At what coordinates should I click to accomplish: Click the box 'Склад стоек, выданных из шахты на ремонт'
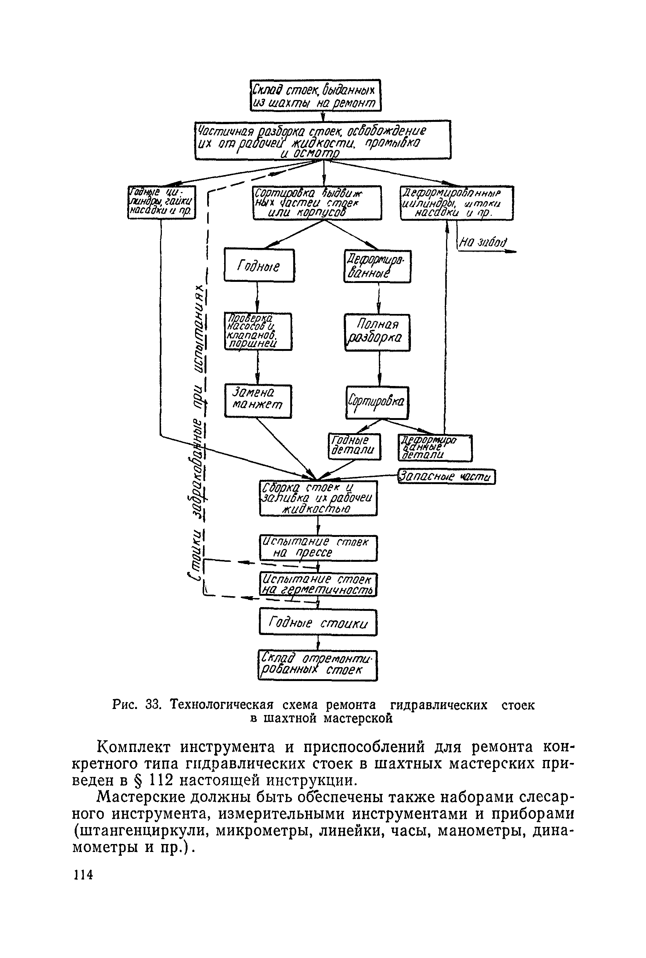point(315,95)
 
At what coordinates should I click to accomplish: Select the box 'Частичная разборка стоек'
point(323,140)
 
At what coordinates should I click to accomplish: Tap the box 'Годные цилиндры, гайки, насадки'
point(161,202)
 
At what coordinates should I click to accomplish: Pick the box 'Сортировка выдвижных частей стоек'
point(317,203)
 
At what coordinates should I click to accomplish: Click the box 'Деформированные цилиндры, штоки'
point(457,203)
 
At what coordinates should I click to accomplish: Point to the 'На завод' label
point(483,243)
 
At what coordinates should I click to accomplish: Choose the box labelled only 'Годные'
point(259,265)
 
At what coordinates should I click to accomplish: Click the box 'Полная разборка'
point(377,332)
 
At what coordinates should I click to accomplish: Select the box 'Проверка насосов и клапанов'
point(258,332)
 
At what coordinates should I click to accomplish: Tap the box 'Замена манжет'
point(258,401)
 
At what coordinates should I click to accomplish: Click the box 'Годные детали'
point(354,446)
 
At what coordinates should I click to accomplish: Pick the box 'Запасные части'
point(446,477)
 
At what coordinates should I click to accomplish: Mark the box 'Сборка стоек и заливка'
point(318,498)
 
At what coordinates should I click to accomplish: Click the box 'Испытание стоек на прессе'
point(318,548)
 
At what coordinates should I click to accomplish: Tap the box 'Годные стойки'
point(318,622)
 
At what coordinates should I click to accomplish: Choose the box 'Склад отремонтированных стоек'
point(317,665)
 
